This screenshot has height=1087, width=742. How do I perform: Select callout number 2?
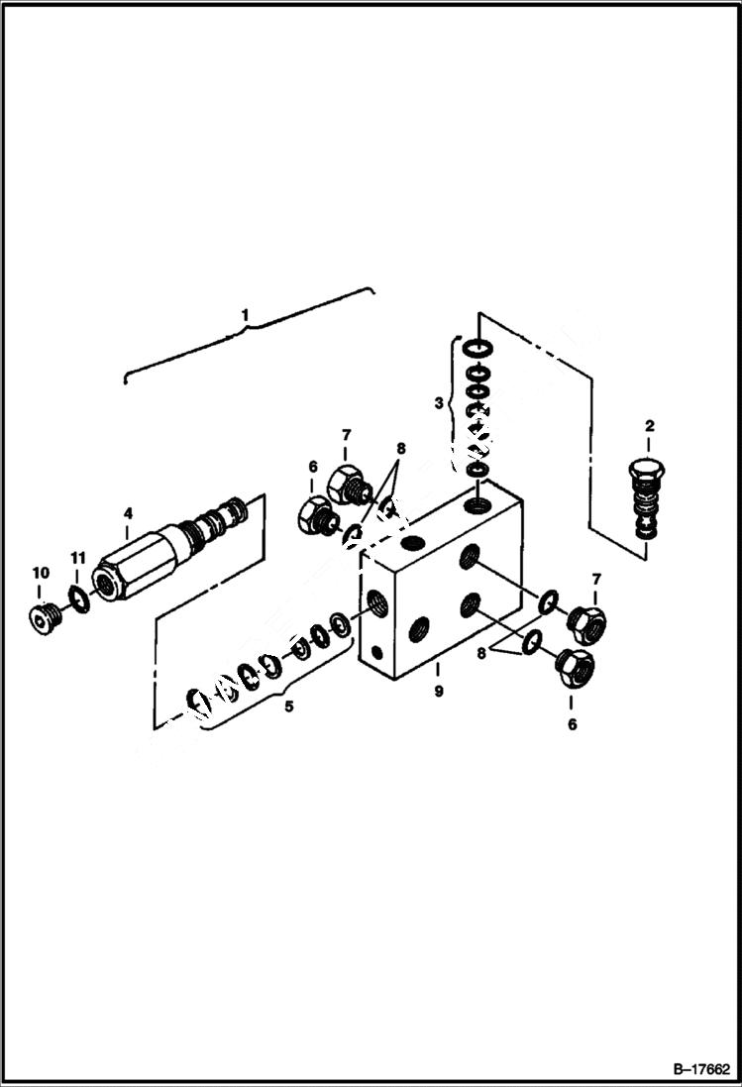pos(649,426)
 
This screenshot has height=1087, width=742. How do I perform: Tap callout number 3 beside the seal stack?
pos(439,402)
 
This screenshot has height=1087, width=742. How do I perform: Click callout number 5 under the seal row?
pos(288,707)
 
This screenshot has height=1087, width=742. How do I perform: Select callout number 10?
pos(41,573)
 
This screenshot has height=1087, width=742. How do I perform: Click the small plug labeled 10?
pos(44,617)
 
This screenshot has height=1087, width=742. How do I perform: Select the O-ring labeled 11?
pos(78,600)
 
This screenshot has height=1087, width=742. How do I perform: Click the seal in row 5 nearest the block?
pos(339,624)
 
